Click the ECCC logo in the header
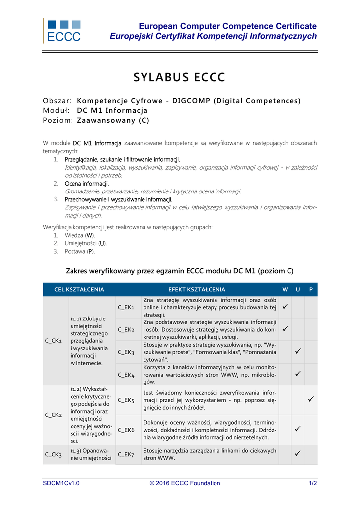point(63,31)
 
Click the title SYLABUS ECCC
point(179,78)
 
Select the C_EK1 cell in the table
point(126,308)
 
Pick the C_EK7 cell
point(126,454)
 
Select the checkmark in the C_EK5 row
point(311,399)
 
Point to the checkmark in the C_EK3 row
point(298,352)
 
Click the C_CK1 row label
point(53,341)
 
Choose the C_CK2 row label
point(53,415)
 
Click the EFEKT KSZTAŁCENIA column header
point(197,289)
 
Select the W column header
point(285,289)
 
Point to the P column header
point(311,289)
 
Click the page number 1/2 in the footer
point(313,483)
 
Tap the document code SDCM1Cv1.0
point(61,483)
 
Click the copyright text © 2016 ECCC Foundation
point(185,483)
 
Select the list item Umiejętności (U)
point(85,243)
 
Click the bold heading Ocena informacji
point(86,184)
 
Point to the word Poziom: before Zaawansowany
point(58,120)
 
